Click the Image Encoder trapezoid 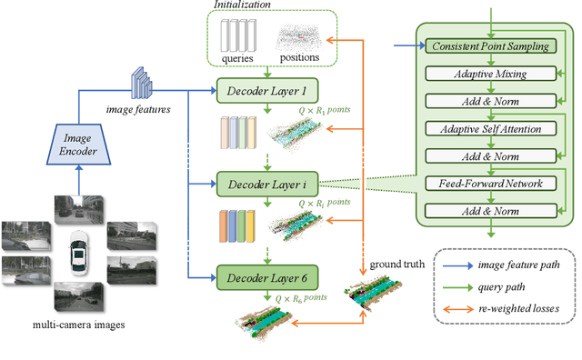point(77,149)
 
